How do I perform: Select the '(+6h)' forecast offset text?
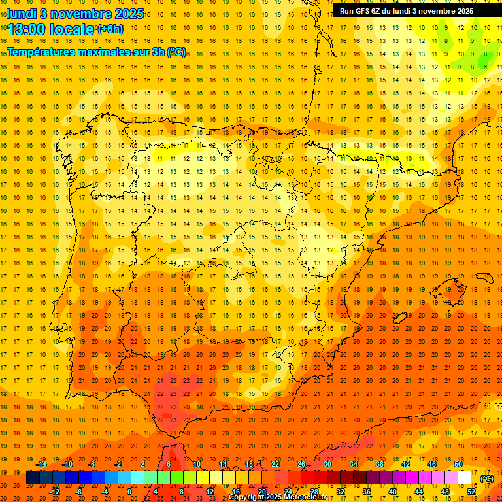coord(109,29)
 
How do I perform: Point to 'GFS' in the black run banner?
coord(363,11)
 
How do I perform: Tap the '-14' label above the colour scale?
coord(41,464)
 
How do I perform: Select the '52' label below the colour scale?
coord(471,492)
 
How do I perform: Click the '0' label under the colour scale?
coord(129,492)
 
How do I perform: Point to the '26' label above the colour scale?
coord(301,464)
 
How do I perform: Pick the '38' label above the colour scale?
coord(380,464)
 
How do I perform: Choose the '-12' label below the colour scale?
coord(54,492)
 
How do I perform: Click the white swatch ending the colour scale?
coord(465,478)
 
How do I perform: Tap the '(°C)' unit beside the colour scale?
coord(487,478)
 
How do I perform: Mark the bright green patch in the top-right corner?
coord(484,61)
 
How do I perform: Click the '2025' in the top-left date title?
coord(129,14)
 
